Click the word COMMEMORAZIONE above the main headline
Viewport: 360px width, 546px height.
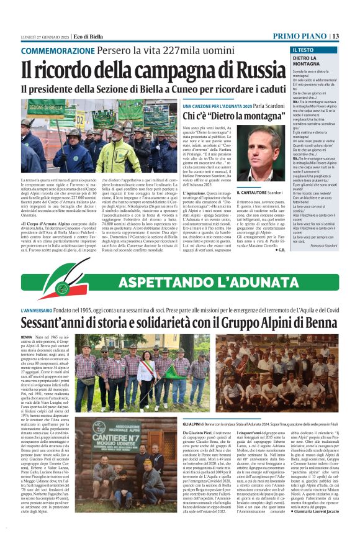(x=52, y=50)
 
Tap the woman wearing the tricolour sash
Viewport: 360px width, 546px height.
(x=148, y=375)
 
